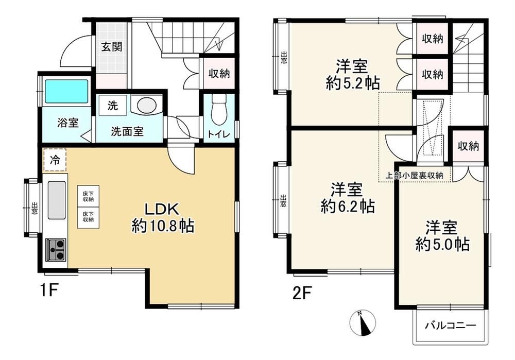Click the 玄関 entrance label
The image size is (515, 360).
[x=112, y=47]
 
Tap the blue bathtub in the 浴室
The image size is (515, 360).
[x=66, y=91]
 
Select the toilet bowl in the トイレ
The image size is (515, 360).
[x=219, y=110]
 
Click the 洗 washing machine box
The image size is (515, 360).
[x=113, y=106]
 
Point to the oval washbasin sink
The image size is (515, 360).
[x=146, y=106]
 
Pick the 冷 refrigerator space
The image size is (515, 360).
[x=55, y=160]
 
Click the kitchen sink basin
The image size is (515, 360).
[x=57, y=200]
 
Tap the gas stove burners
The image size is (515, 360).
[x=56, y=250]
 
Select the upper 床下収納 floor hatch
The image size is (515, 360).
[x=88, y=196]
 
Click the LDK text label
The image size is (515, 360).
[x=162, y=209]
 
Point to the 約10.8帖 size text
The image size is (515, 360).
[x=163, y=226]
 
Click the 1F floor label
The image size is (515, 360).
[x=49, y=290]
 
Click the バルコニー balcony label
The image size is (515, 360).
[x=451, y=326]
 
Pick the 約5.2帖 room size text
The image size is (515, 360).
[x=353, y=83]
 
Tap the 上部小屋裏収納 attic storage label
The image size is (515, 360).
[x=415, y=176]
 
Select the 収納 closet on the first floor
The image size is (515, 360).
[x=219, y=74]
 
